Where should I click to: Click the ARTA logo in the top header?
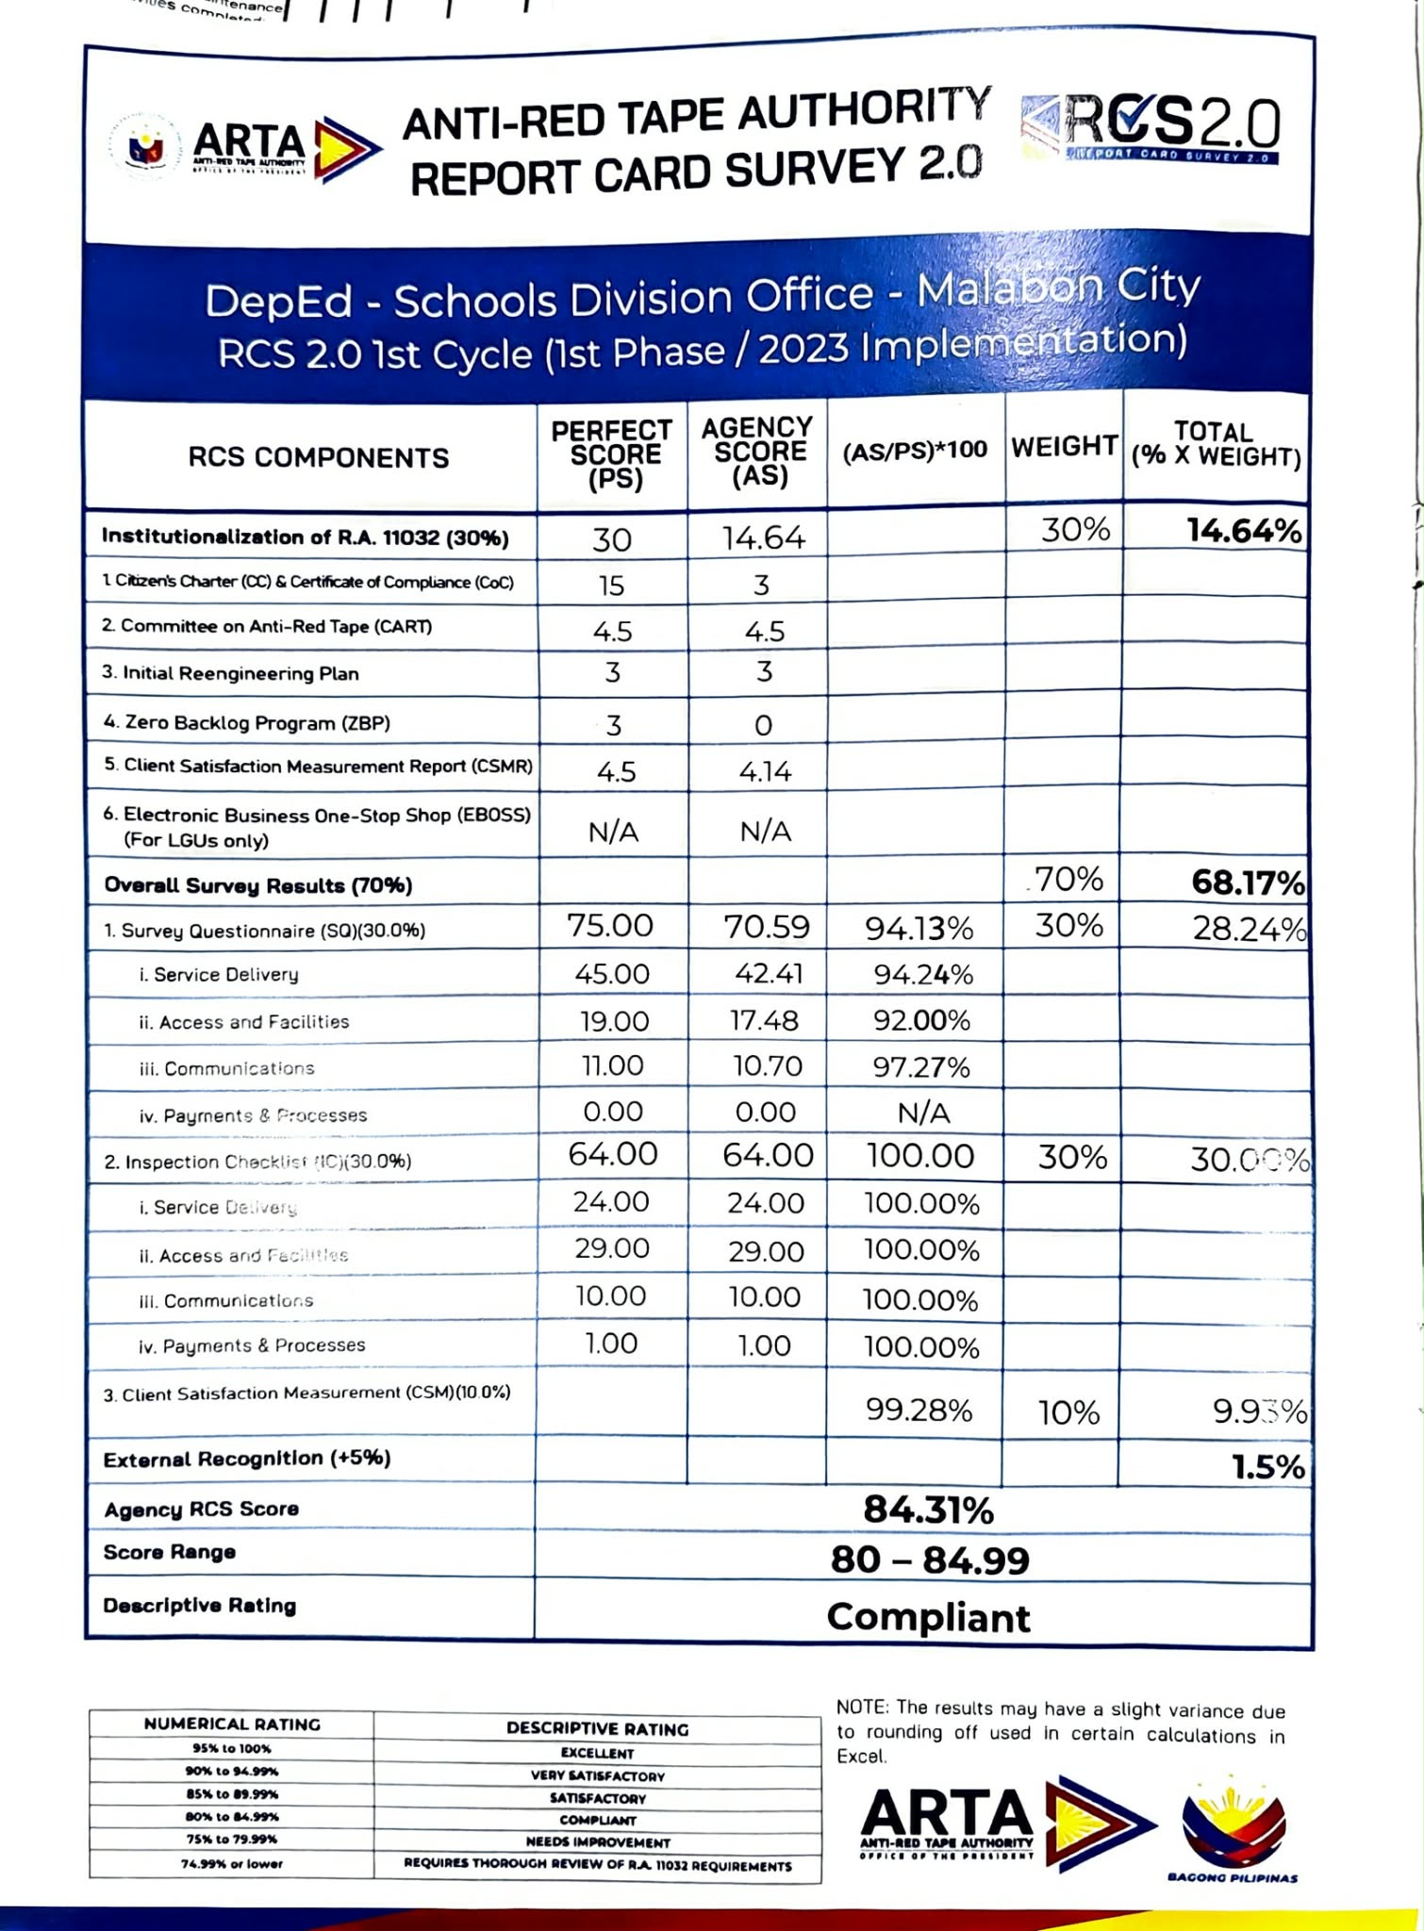coord(247,148)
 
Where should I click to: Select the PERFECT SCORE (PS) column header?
coord(612,455)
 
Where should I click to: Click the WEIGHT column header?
coord(1065,446)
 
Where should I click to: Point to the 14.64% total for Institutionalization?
coord(1244,531)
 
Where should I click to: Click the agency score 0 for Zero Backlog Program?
coord(763,725)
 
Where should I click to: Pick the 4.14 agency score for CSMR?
coord(765,772)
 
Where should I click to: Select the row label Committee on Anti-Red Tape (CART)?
coord(267,627)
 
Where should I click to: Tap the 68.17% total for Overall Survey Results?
coord(1248,883)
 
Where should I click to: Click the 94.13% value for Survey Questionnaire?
coord(919,930)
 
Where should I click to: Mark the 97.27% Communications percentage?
coord(921,1067)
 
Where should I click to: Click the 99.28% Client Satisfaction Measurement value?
coord(919,1411)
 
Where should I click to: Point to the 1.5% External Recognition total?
coord(1268,1467)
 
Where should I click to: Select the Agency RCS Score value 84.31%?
coord(929,1510)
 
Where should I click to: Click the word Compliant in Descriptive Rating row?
coord(929,1618)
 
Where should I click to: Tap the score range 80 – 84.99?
coord(930,1560)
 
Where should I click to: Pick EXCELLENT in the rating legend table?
coord(597,1754)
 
